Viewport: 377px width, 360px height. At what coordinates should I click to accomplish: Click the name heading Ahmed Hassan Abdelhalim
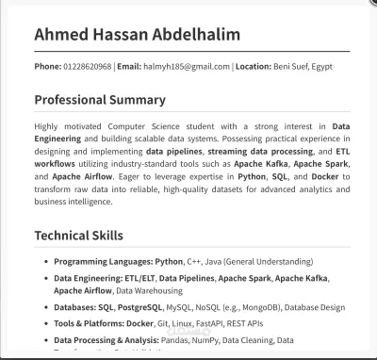137,35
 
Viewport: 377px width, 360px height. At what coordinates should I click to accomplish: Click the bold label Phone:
47,67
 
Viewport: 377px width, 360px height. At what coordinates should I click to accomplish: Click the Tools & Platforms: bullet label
91,322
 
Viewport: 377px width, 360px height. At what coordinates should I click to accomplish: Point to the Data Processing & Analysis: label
111,339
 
